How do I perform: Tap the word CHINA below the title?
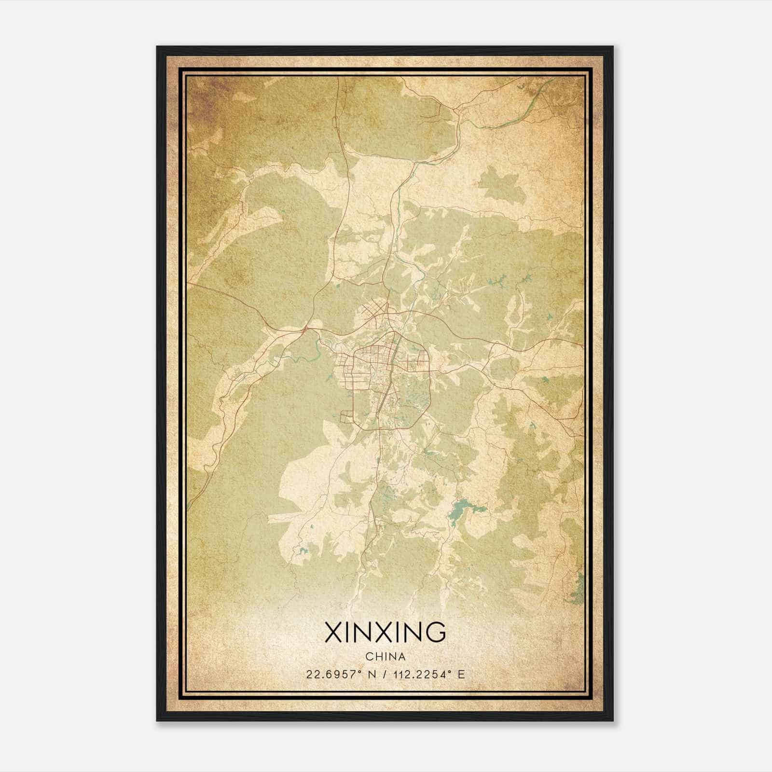click(x=385, y=657)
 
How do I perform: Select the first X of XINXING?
click(x=333, y=633)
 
